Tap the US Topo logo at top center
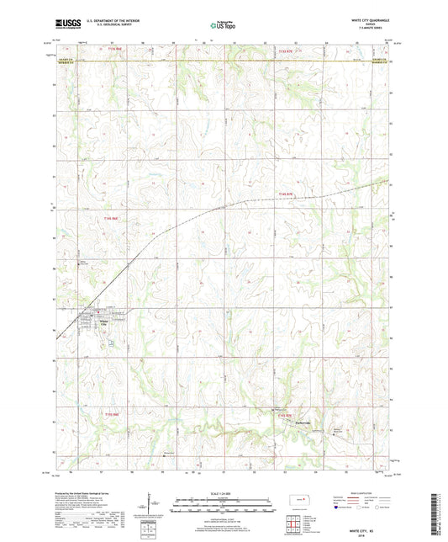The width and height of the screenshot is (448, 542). [x=223, y=26]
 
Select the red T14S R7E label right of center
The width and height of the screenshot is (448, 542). [x=288, y=194]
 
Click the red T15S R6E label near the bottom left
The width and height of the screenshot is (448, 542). [x=113, y=414]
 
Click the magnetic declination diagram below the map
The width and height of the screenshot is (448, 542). [x=149, y=505]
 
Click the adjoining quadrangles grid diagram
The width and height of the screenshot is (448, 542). [x=293, y=524]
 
